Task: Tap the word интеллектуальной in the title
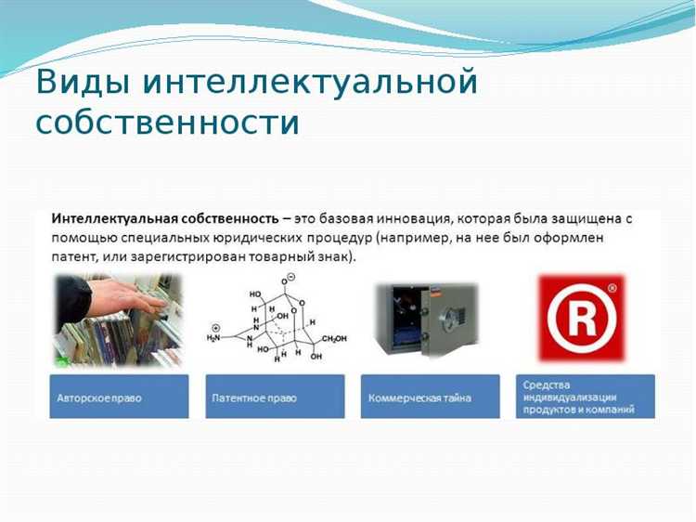click(x=311, y=83)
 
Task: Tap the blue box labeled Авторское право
click(x=119, y=397)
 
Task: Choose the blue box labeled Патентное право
click(x=274, y=397)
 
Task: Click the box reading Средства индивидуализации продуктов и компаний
click(x=585, y=397)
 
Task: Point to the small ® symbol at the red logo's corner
click(x=611, y=290)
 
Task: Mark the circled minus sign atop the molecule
click(x=290, y=278)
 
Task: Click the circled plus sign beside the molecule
click(x=216, y=326)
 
